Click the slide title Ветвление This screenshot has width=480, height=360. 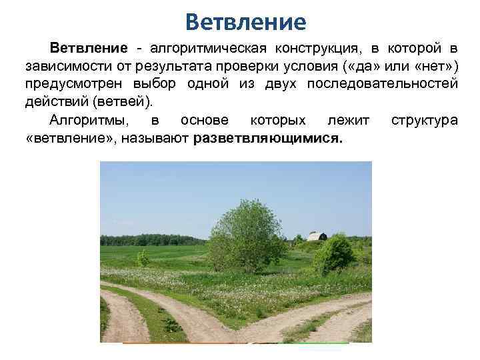point(245,22)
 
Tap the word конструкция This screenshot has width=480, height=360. point(317,49)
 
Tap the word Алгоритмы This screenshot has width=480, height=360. point(86,120)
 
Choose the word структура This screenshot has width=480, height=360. point(425,120)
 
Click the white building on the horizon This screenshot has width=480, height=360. point(317,237)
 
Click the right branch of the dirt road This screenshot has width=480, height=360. point(320,320)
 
